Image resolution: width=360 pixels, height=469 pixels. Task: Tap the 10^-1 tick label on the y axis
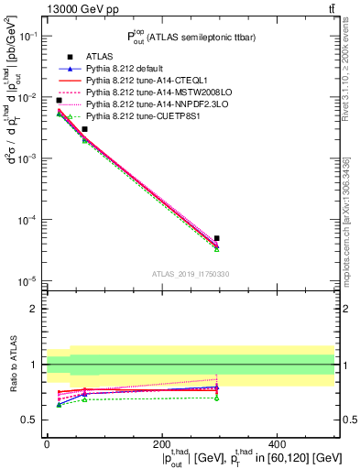pyautogui.click(x=28, y=36)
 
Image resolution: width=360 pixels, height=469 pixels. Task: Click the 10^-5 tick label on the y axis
pyautogui.click(x=28, y=280)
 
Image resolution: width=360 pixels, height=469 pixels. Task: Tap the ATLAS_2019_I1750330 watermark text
pyautogui.click(x=191, y=273)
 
